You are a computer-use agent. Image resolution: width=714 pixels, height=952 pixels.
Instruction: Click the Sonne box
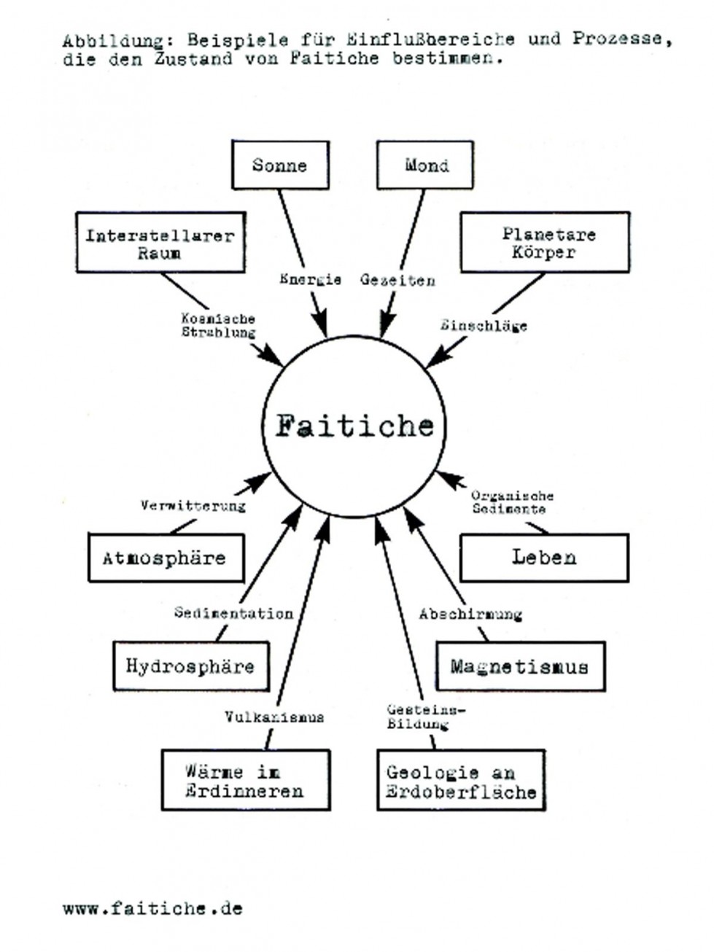click(x=280, y=165)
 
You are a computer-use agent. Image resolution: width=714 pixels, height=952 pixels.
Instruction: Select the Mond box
click(x=425, y=165)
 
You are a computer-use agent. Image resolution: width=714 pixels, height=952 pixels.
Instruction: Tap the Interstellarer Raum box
click(x=160, y=243)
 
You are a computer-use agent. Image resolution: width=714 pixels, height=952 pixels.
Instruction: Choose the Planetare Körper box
click(x=545, y=243)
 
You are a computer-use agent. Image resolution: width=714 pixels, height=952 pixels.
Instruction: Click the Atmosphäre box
click(x=166, y=558)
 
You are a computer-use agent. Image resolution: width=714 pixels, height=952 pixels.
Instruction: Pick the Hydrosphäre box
click(x=190, y=666)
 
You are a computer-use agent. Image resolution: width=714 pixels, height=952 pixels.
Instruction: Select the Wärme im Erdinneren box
click(x=244, y=781)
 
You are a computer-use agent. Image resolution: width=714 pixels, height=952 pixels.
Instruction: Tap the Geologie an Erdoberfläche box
click(x=461, y=781)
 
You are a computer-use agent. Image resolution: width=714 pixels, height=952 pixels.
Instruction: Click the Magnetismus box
click(x=520, y=666)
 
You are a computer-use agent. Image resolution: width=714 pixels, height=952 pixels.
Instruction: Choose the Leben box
click(x=544, y=558)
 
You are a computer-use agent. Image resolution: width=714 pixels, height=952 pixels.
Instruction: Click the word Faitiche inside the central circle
click(x=354, y=426)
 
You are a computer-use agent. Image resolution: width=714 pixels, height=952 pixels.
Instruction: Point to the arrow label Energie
click(x=311, y=279)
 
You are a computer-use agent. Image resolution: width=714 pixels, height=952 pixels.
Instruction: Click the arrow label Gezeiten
click(x=398, y=280)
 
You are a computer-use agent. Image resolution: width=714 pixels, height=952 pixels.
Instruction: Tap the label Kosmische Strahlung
click(x=218, y=326)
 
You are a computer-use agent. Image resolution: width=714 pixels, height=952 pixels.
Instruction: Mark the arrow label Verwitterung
click(x=193, y=505)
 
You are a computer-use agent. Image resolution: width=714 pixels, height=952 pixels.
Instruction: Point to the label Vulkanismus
click(x=274, y=717)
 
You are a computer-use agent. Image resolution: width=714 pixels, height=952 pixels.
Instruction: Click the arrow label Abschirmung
click(x=470, y=614)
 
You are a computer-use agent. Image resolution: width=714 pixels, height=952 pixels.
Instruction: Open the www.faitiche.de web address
click(x=152, y=908)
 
